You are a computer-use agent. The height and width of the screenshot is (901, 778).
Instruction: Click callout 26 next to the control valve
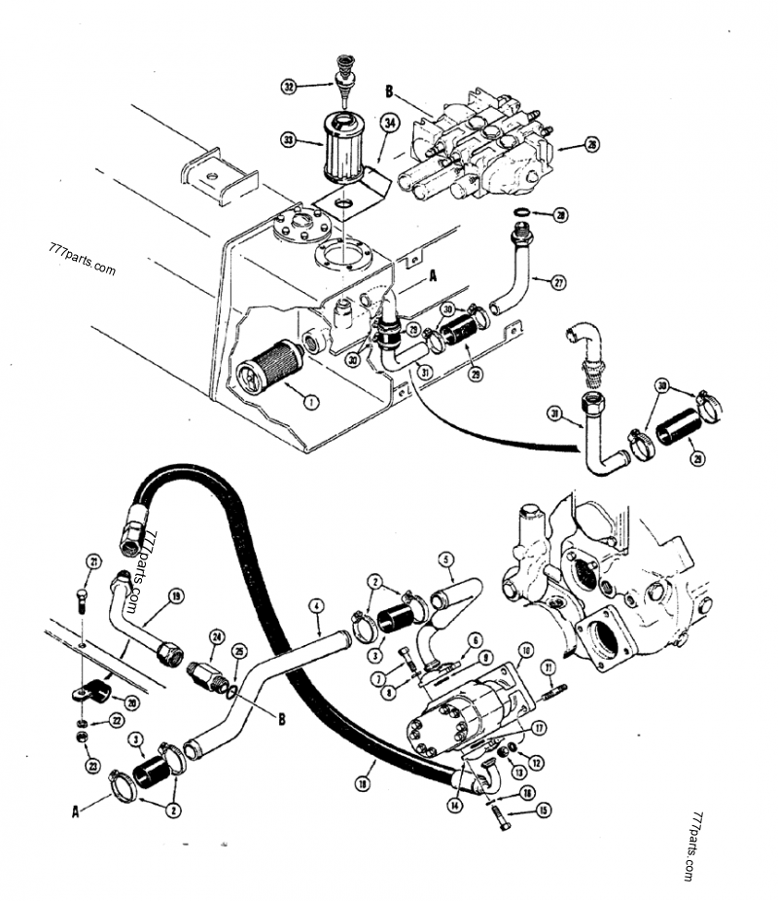[591, 146]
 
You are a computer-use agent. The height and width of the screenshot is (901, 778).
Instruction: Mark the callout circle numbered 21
[93, 560]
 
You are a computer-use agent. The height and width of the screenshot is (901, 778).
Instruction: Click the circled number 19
[176, 596]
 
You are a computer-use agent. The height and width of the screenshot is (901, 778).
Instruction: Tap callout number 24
[217, 638]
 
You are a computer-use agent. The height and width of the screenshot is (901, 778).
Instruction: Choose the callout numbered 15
[542, 809]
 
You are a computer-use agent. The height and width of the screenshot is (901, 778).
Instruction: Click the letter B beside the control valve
[390, 92]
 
